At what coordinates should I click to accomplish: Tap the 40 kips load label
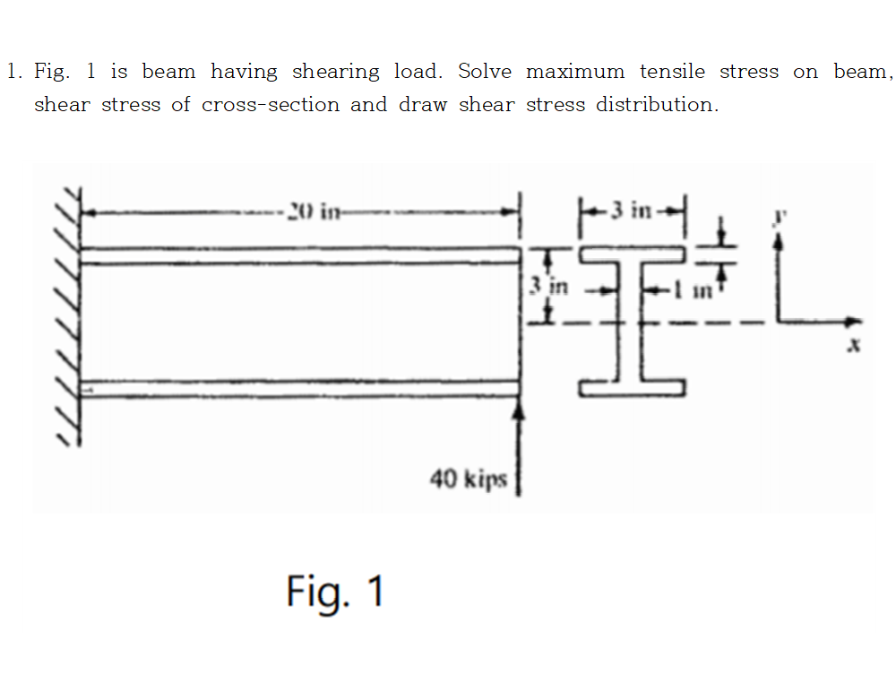click(468, 480)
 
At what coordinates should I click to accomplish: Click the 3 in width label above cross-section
click(633, 211)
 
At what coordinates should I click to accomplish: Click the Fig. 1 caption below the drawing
click(335, 592)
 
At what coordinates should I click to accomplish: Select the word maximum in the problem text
click(575, 72)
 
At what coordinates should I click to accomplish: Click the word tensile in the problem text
click(672, 72)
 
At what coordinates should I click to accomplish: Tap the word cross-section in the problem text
click(271, 105)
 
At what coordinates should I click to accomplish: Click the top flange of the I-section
click(633, 254)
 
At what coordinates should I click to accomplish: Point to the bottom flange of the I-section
click(633, 387)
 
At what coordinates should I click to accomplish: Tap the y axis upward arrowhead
click(778, 240)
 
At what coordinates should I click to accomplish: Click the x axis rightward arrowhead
click(854, 321)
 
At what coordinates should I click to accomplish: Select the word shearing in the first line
click(335, 72)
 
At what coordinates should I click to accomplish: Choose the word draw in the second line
click(421, 105)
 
